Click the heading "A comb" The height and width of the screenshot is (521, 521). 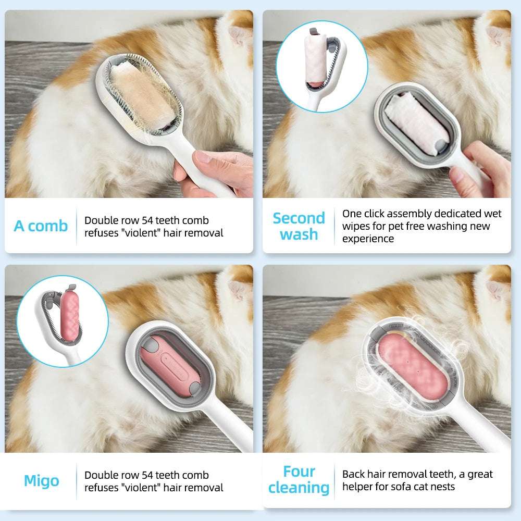pos(41,226)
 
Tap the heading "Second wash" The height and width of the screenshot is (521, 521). pos(299,226)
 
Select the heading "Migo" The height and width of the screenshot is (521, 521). pos(42,480)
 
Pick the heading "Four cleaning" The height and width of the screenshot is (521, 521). pos(299,479)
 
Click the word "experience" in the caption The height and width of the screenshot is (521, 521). pos(368,239)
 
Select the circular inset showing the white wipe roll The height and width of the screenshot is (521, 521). pos(321,66)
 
